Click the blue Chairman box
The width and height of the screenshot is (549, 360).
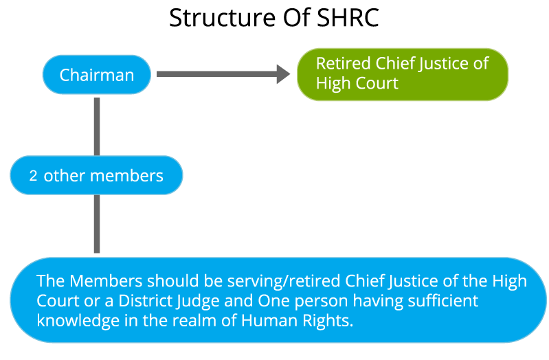coord(96,74)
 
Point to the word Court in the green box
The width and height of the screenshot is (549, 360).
coord(377,84)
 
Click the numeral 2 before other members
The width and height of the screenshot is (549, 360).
coord(33,176)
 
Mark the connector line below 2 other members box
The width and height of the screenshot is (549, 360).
coord(97,224)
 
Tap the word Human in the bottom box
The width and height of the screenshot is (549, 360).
coord(267,321)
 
